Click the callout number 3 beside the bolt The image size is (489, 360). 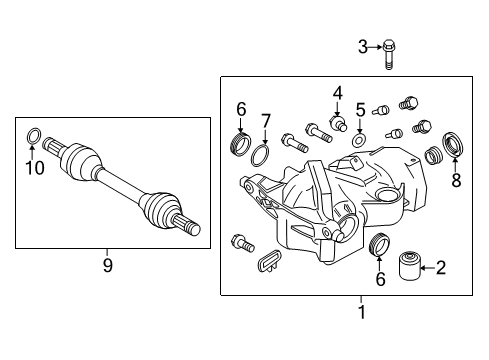pos(363,47)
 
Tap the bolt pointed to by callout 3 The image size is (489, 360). pos(388,55)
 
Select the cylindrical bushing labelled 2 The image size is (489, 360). pos(410,267)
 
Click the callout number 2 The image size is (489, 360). pos(441,268)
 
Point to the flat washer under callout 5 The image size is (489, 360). pos(359,140)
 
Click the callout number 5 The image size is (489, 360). pos(361,110)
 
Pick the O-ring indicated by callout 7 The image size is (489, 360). pos(260,155)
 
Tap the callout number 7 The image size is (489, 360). pos(265,121)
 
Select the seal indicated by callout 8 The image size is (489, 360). pos(453,144)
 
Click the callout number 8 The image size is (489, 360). pos(456,180)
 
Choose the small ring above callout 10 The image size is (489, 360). pos(34,136)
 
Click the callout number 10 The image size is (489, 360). pos(35,168)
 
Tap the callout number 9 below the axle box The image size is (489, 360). pos(107,265)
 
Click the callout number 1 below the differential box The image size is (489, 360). pos(361,312)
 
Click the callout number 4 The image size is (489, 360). pos(338,93)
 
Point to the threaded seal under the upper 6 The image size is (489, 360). pos(240,144)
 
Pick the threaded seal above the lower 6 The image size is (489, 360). pos(379,244)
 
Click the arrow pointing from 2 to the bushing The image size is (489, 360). pos(428,267)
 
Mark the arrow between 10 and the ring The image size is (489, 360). pos(32,151)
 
